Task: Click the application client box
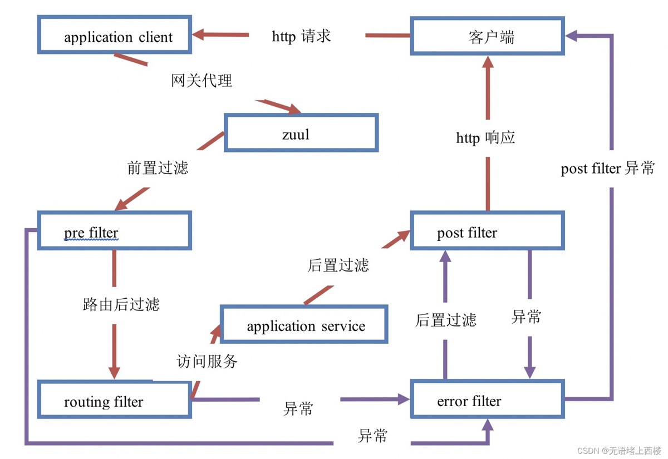[x=115, y=35]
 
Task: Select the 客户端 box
[x=487, y=36]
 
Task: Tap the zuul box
[x=301, y=132]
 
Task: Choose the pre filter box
[x=115, y=230]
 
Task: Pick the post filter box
[x=487, y=230]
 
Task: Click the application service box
[x=304, y=324]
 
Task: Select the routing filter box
[x=115, y=399]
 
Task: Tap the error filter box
[x=487, y=398]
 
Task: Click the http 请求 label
[x=301, y=36]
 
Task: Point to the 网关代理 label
[x=202, y=81]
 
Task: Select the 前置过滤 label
[x=158, y=167]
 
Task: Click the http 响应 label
[x=485, y=137]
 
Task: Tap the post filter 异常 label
[x=607, y=169]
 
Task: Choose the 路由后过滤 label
[x=121, y=304]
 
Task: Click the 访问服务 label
[x=207, y=362]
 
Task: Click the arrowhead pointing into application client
[x=199, y=34]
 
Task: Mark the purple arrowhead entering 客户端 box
[x=572, y=35]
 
